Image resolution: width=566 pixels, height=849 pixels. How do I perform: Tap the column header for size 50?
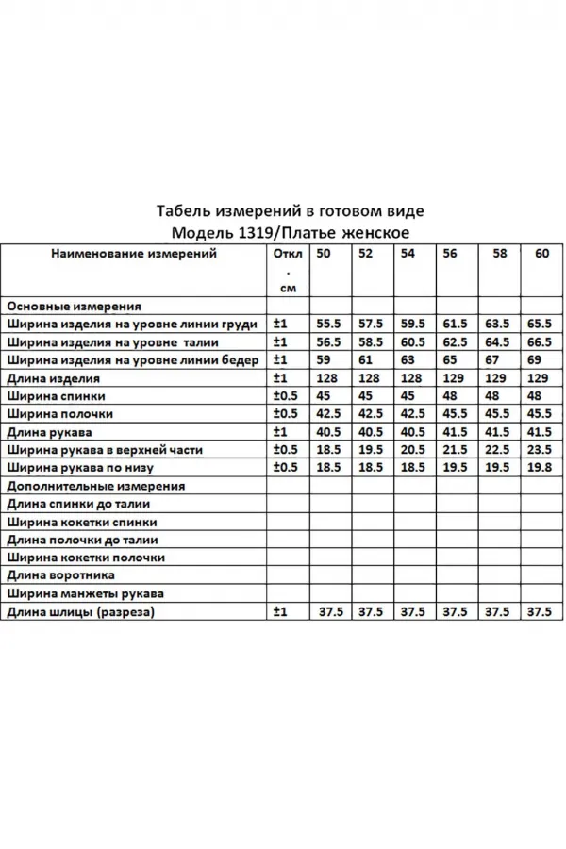(x=324, y=254)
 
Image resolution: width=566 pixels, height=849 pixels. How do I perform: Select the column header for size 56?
(x=449, y=254)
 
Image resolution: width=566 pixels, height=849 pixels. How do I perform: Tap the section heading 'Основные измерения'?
(x=74, y=307)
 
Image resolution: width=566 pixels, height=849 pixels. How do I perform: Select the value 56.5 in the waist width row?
(x=329, y=342)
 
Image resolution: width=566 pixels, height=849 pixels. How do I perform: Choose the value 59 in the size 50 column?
(x=324, y=359)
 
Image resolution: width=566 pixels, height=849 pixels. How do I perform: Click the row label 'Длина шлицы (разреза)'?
(x=79, y=612)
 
